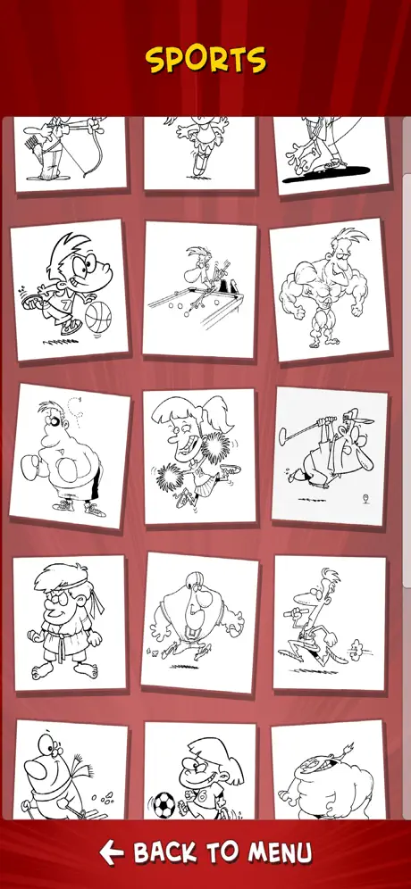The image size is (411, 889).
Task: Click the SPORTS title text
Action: pos(205,60)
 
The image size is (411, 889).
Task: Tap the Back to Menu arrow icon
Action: pos(112,852)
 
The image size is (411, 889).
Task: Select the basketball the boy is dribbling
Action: pos(98,316)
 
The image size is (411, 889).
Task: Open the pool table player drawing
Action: pos(198,289)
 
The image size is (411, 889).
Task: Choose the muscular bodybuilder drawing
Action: pos(330,289)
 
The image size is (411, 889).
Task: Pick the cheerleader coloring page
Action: pos(199,456)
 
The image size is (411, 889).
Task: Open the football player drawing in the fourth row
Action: pos(199,622)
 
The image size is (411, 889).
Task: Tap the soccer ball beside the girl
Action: pos(164,805)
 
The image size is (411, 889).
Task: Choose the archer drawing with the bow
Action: pos(70,154)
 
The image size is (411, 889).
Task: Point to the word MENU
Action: pos(281,852)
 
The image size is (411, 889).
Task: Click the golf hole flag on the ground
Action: pos(365,499)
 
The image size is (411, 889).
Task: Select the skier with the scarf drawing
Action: pos(71,770)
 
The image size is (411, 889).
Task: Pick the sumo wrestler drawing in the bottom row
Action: pos(328,770)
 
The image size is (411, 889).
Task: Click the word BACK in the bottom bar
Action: pos(165,852)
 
